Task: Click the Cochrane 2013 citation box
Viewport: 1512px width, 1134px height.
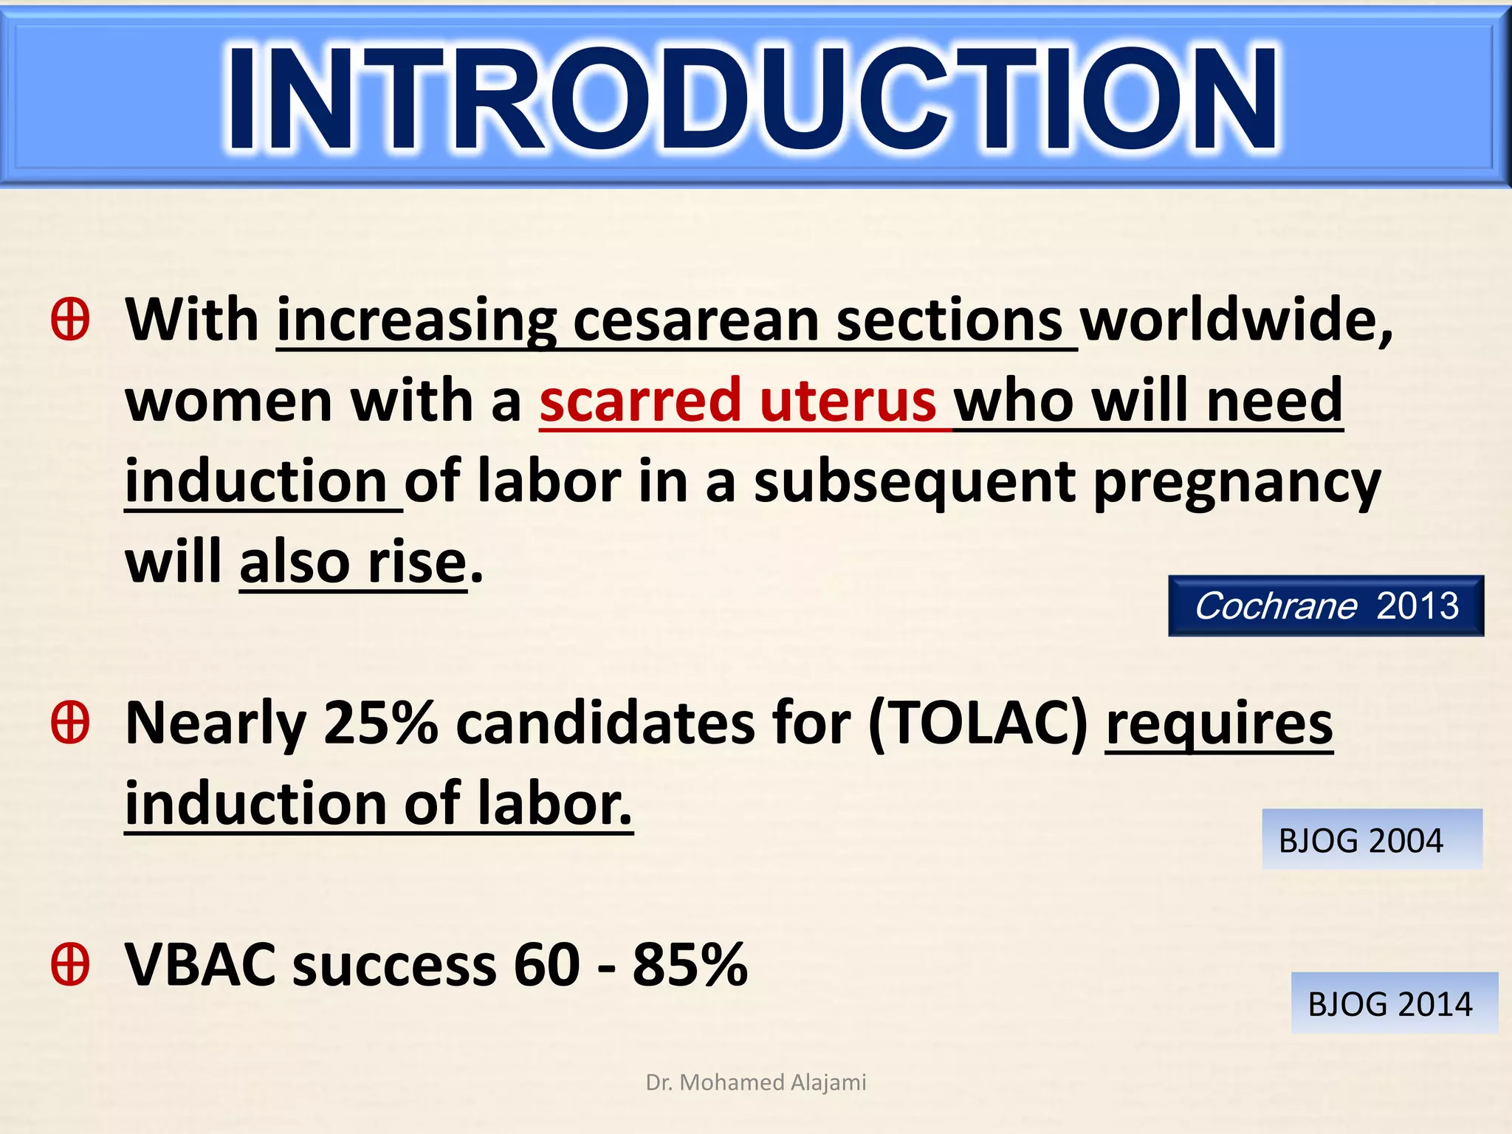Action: pyautogui.click(x=1326, y=606)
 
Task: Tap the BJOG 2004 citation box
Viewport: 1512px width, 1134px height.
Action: pyautogui.click(x=1371, y=840)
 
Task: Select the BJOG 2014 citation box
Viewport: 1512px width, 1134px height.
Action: pyautogui.click(x=1393, y=1004)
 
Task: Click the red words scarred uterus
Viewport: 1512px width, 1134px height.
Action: pyautogui.click(x=738, y=401)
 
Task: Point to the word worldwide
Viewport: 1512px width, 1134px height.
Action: pyautogui.click(x=1237, y=320)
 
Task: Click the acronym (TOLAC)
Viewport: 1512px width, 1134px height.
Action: pyautogui.click(x=978, y=724)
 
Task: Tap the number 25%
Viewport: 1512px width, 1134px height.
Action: pyautogui.click(x=381, y=724)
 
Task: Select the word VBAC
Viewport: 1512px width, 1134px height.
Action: pyautogui.click(x=199, y=965)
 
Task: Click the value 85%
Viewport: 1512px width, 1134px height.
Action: pyautogui.click(x=690, y=965)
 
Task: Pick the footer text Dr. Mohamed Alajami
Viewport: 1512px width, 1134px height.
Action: pyautogui.click(x=755, y=1082)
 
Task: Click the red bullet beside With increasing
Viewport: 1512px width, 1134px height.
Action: pyautogui.click(x=71, y=320)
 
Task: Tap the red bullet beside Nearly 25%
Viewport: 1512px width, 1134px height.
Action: pyautogui.click(x=71, y=723)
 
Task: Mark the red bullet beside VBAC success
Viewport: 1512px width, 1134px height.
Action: pyautogui.click(x=71, y=964)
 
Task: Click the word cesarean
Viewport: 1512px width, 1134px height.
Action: pyautogui.click(x=695, y=322)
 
